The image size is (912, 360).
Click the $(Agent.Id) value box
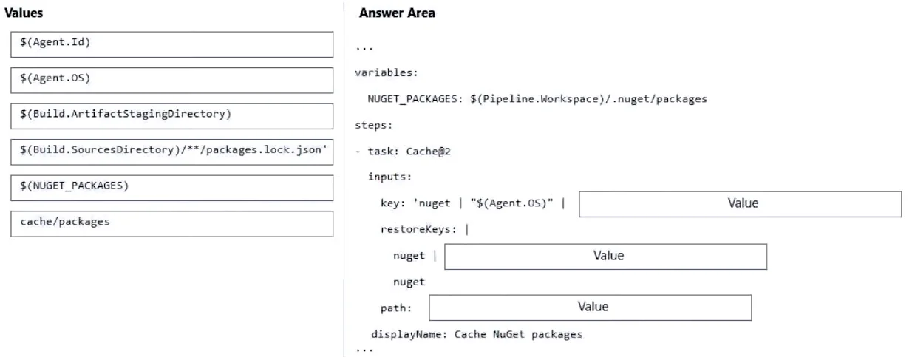coord(171,44)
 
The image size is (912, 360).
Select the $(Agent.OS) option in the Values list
coord(171,81)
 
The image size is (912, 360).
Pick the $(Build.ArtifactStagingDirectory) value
coord(171,116)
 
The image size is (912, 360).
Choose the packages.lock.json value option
coord(171,152)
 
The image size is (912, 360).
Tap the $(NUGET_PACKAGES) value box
coord(171,188)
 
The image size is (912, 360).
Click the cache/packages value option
coord(171,223)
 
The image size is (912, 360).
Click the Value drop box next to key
coord(741,204)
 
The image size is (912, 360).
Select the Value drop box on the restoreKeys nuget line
coord(605,257)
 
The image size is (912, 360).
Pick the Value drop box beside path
coord(590,308)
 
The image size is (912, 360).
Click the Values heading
coord(24,13)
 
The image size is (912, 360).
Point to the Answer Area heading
coord(397,13)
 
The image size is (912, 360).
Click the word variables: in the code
coord(387,73)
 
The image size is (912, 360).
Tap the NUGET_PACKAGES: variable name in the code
coord(415,99)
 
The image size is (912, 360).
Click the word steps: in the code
coord(373,126)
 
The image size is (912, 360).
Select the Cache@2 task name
coord(429,152)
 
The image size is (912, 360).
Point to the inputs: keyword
coord(389,177)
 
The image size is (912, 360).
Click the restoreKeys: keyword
coord(418,230)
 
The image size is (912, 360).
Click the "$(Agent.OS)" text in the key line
coord(511,203)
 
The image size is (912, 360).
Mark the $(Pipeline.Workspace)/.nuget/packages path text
coord(588,99)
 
